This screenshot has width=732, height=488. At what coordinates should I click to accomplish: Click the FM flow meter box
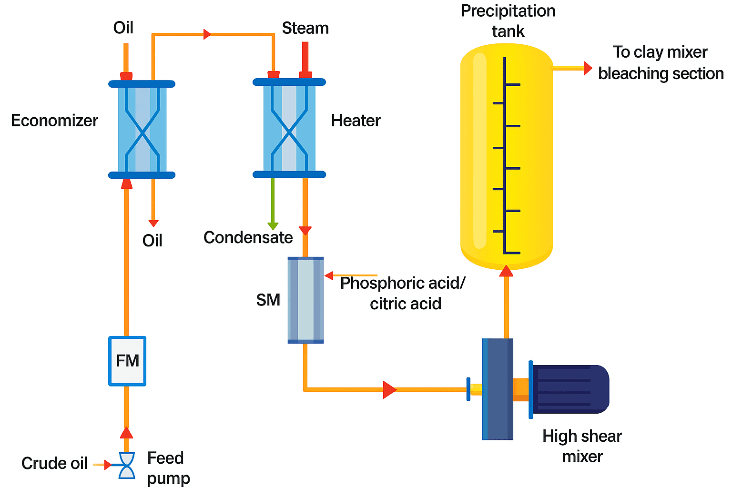coord(127,361)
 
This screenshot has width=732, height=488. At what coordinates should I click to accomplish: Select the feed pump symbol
coord(126,465)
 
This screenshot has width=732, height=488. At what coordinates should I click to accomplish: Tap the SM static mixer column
coord(305,300)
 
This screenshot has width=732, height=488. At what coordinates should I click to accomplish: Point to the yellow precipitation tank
coord(506,157)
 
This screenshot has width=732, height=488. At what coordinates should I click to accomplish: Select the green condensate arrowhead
coord(273,226)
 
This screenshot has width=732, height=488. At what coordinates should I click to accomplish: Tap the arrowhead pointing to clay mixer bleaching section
coord(587,68)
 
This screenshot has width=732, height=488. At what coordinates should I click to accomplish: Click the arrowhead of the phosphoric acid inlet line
coord(329,275)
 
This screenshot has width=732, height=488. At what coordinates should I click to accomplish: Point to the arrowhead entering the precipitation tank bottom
coord(506,271)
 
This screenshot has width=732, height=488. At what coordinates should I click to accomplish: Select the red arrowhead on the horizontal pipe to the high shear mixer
coord(389,389)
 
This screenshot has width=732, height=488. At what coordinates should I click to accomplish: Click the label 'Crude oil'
coord(54,463)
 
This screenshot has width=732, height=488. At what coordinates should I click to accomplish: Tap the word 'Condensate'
coord(248,237)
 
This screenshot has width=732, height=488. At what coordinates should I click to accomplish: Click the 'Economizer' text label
coord(54,121)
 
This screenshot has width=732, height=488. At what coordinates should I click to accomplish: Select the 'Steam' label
coord(305,28)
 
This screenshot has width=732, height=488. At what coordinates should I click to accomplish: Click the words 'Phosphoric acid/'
coord(403,283)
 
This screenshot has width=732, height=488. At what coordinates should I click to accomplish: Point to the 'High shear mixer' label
coord(582,446)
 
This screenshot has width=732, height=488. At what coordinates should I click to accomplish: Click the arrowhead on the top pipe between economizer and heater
coord(207,34)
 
